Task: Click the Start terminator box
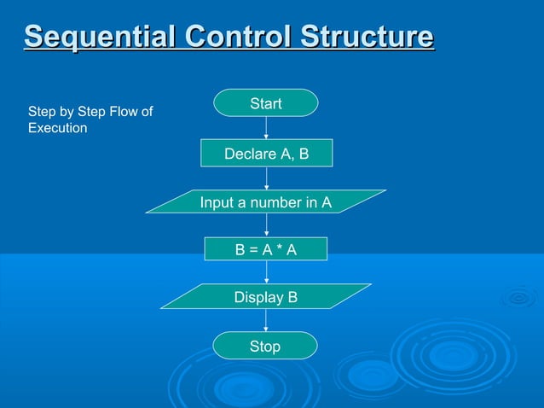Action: (x=266, y=103)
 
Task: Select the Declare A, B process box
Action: (x=266, y=154)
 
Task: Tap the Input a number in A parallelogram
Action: (x=266, y=202)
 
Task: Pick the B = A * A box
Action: (x=266, y=249)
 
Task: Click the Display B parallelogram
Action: (x=266, y=297)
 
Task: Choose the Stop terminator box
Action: (x=265, y=346)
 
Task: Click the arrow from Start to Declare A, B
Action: (x=266, y=127)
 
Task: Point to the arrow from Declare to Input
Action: (x=266, y=178)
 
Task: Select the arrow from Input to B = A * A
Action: (x=266, y=225)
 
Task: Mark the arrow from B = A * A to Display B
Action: (x=266, y=272)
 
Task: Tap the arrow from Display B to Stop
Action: (x=266, y=321)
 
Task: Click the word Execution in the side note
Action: (x=58, y=128)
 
